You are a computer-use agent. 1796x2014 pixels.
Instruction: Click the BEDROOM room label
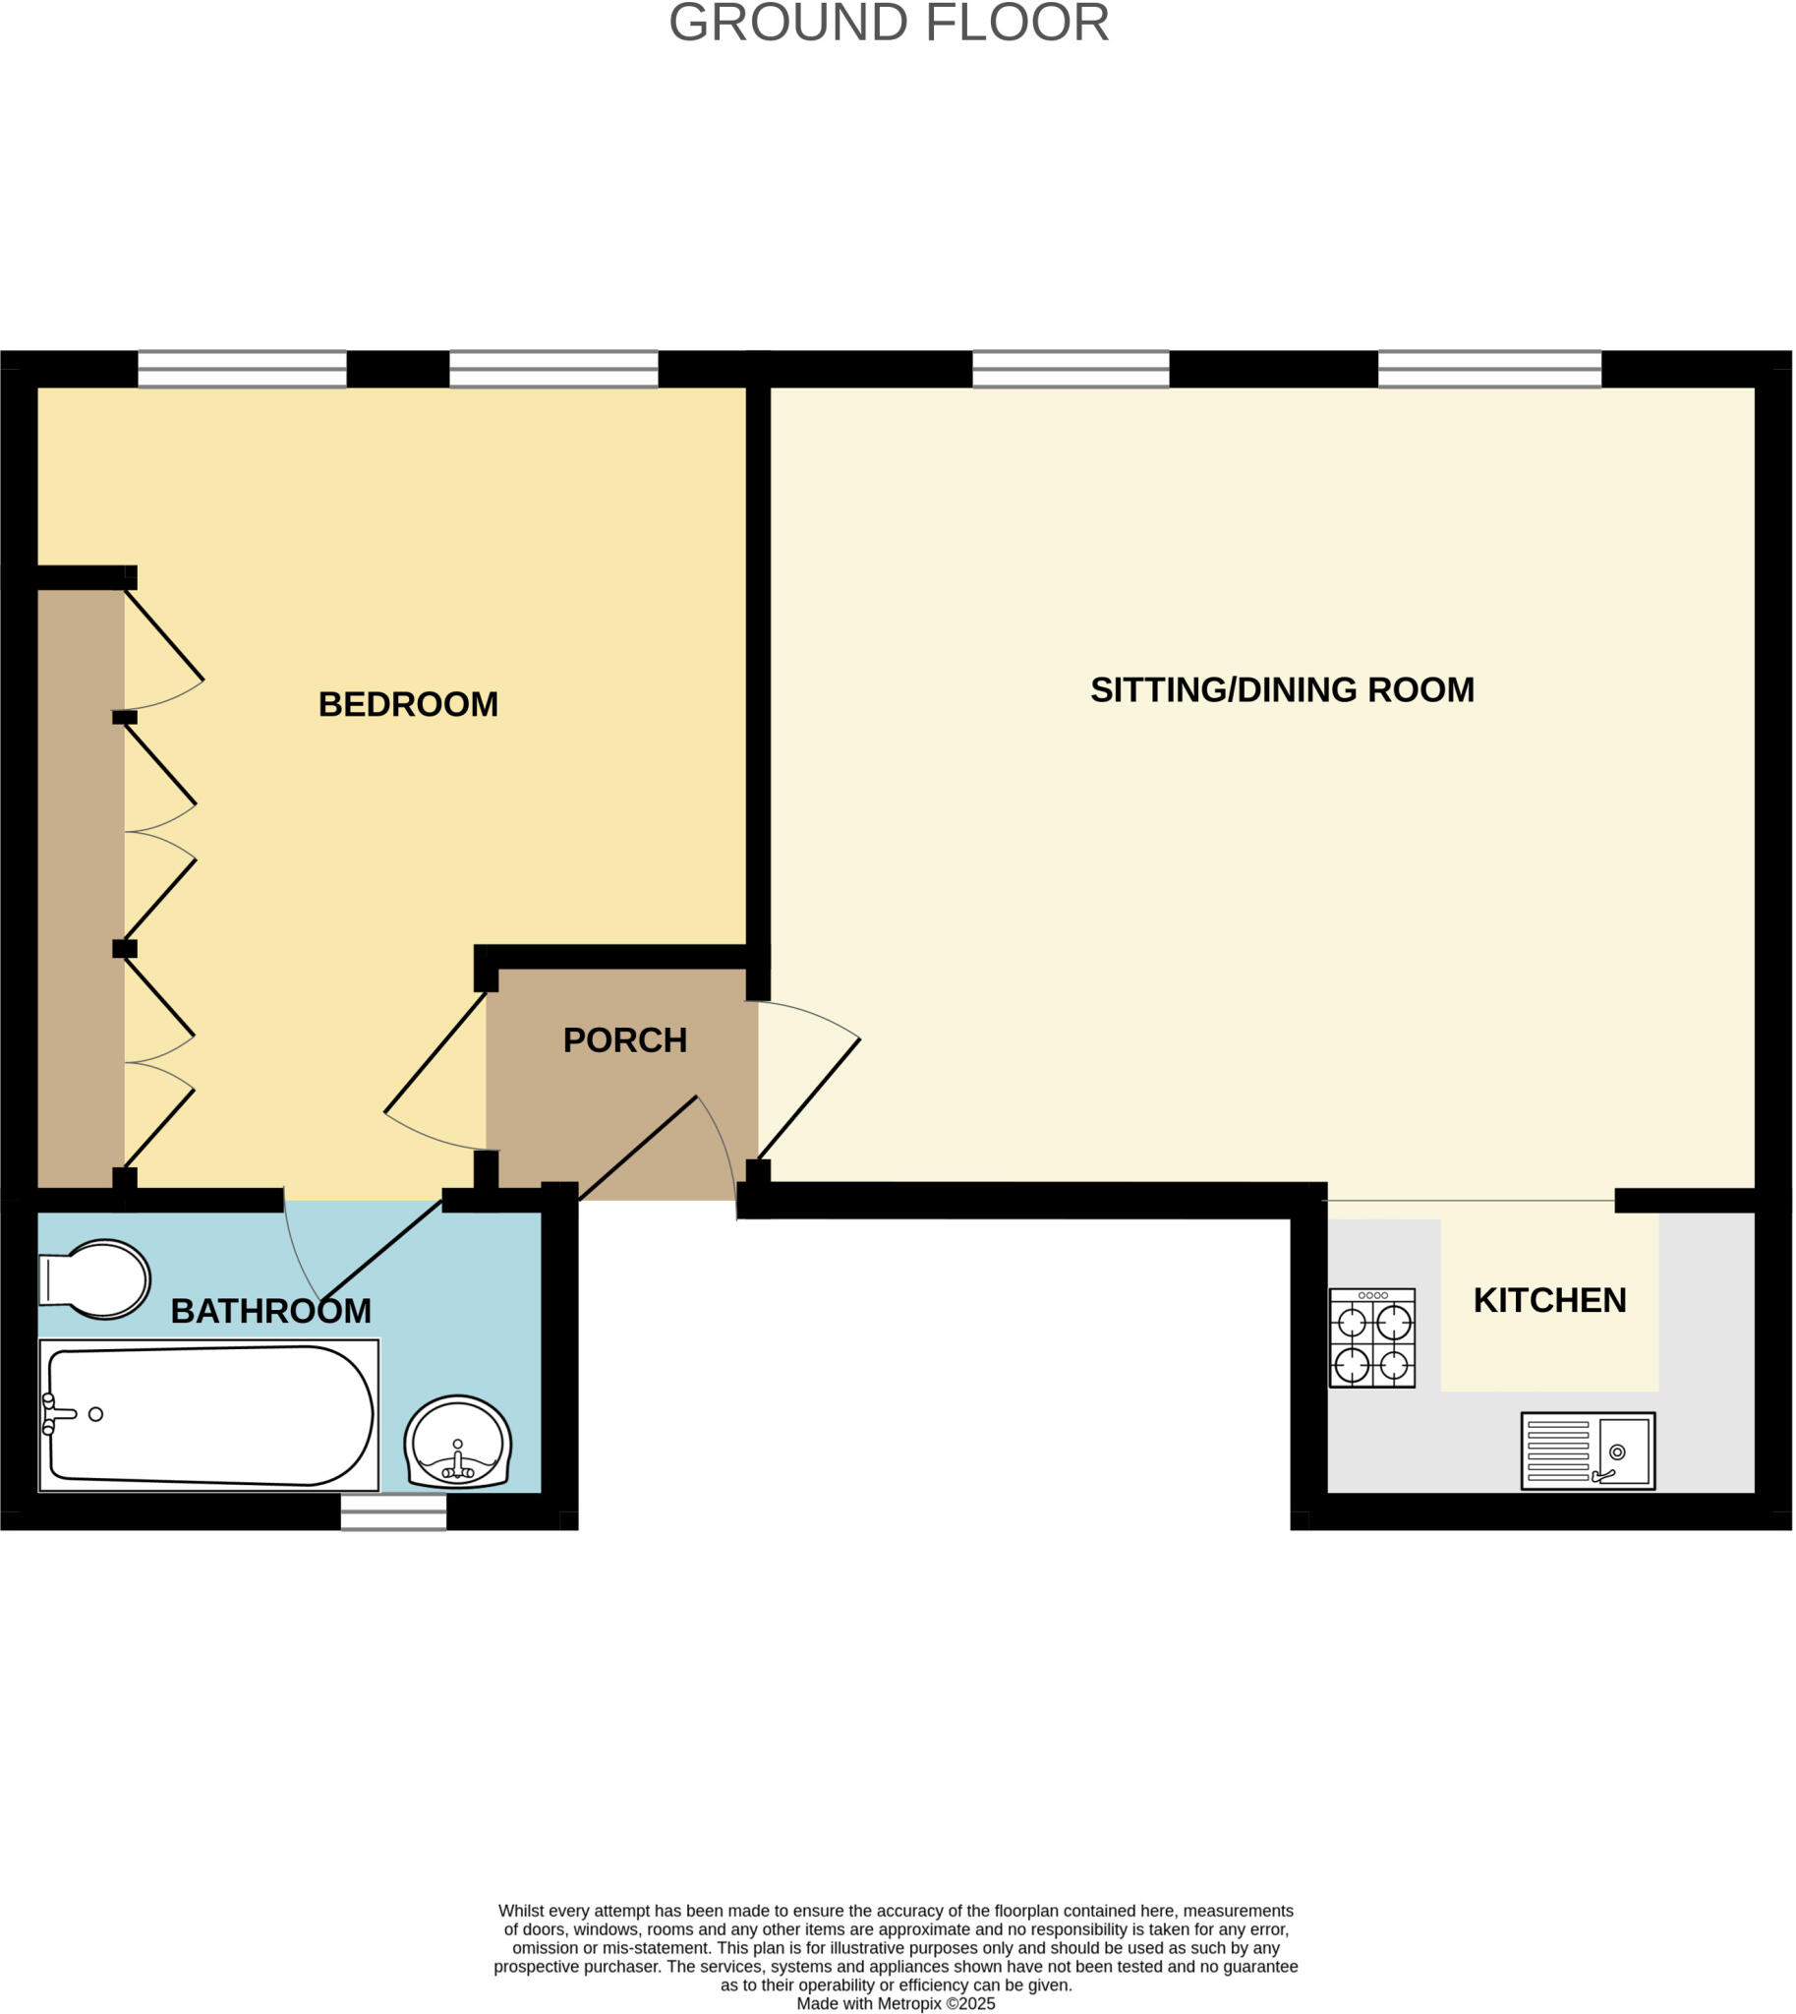click(408, 704)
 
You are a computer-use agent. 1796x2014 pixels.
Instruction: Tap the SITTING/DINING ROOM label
click(1282, 689)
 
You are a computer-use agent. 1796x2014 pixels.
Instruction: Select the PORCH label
click(624, 1039)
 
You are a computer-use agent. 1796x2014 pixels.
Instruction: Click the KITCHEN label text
click(1549, 1300)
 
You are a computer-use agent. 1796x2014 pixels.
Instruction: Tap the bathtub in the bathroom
click(209, 1415)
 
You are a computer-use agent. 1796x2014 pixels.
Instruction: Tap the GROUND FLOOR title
click(889, 23)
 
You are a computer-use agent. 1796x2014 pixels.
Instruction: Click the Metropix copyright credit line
click(895, 2003)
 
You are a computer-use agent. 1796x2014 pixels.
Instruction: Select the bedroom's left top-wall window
click(242, 369)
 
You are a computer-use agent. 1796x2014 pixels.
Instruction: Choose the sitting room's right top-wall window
click(1489, 369)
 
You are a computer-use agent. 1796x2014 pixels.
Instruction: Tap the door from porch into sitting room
click(809, 1097)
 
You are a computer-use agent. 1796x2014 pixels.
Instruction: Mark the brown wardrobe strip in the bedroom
click(80, 889)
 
